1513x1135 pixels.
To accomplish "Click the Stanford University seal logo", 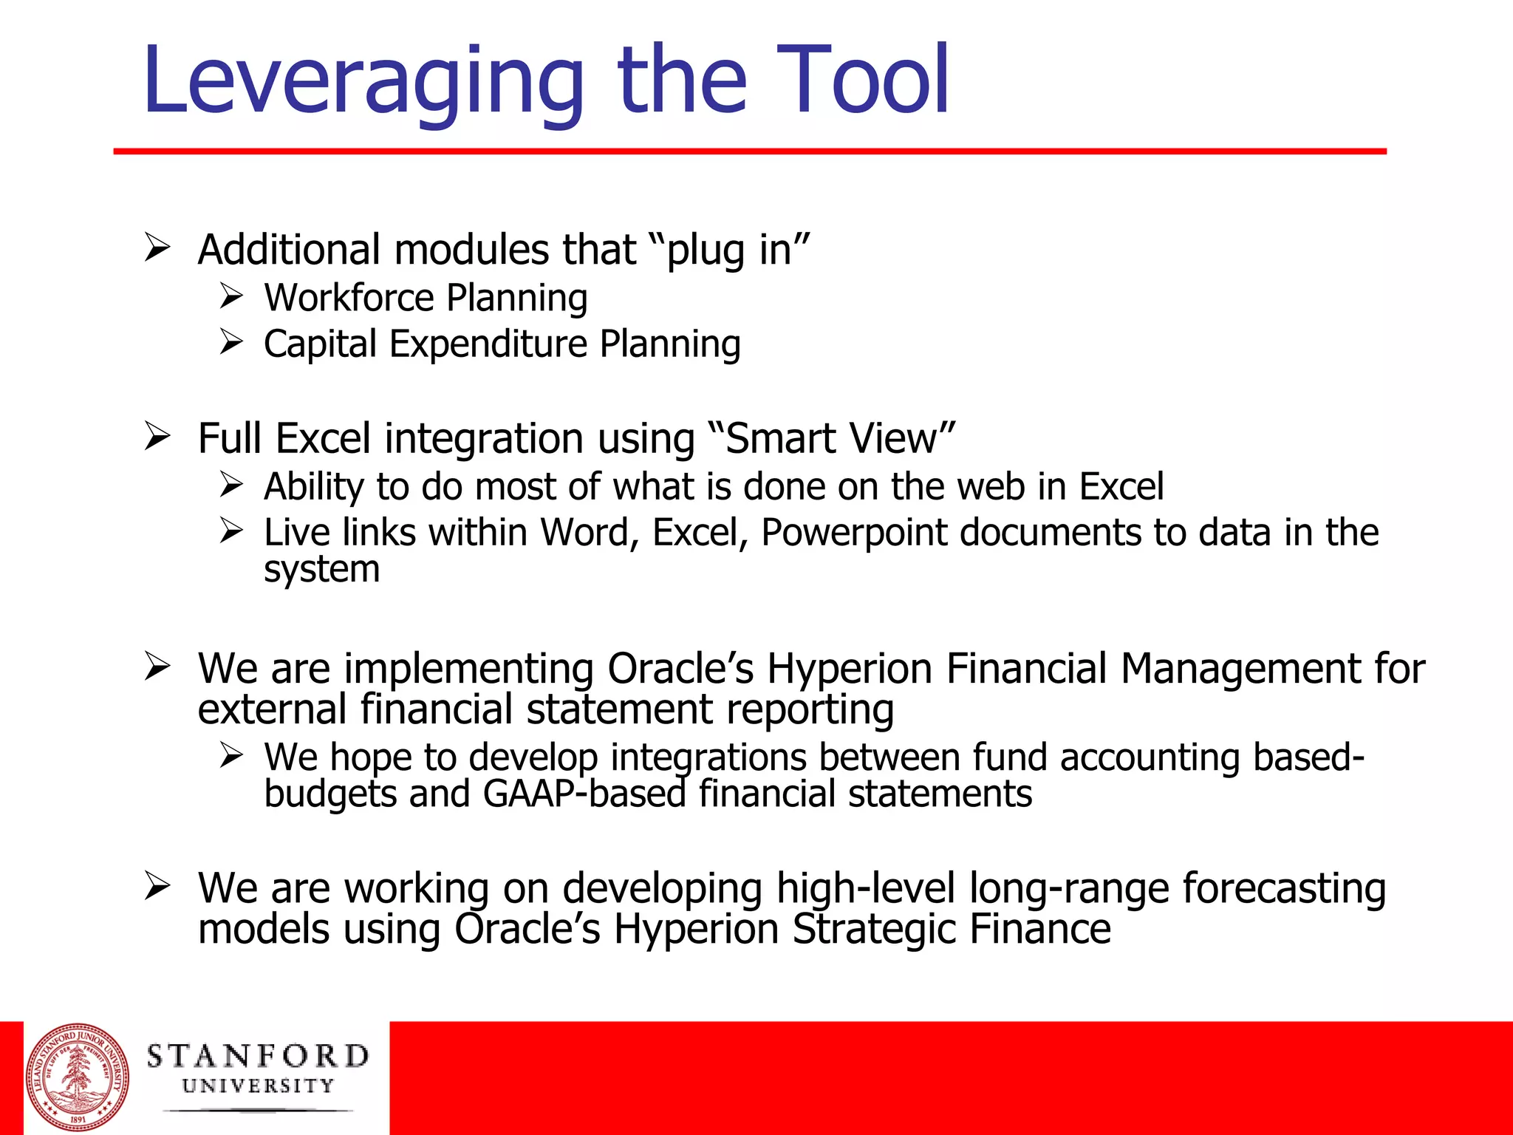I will pos(78,1078).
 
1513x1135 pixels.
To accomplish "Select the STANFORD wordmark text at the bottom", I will pos(258,1056).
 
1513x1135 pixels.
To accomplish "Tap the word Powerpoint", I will pos(854,533).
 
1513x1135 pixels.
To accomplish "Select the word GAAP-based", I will pos(585,794).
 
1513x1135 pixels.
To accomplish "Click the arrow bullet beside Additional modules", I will pos(157,247).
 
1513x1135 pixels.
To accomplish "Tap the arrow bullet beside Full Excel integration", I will pos(157,435).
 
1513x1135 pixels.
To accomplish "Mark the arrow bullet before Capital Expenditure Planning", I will pos(231,342).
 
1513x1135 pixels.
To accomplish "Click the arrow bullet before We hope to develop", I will pos(231,755).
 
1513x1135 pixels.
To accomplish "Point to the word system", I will pos(322,570).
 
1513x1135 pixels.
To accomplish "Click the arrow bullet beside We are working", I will pos(157,885).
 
